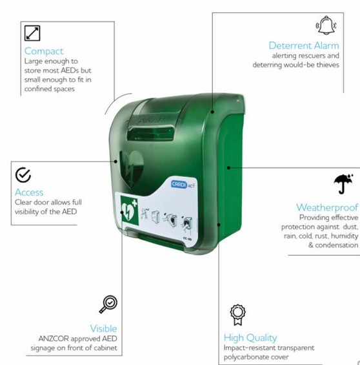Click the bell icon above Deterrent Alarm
coord(326,25)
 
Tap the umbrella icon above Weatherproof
coord(343,183)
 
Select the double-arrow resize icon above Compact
coord(32,34)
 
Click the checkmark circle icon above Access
coord(23,175)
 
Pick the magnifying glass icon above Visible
coord(108,304)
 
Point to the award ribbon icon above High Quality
coord(238,315)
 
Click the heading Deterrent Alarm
coord(304,45)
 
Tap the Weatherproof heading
coord(327,207)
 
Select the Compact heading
coord(44,52)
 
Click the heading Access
coord(29,193)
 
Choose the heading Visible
coord(103,328)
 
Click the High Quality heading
coord(250,338)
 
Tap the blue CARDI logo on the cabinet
coord(179,184)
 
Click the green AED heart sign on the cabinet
coord(130,211)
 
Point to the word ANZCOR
coord(54,339)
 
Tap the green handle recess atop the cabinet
coord(150,134)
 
